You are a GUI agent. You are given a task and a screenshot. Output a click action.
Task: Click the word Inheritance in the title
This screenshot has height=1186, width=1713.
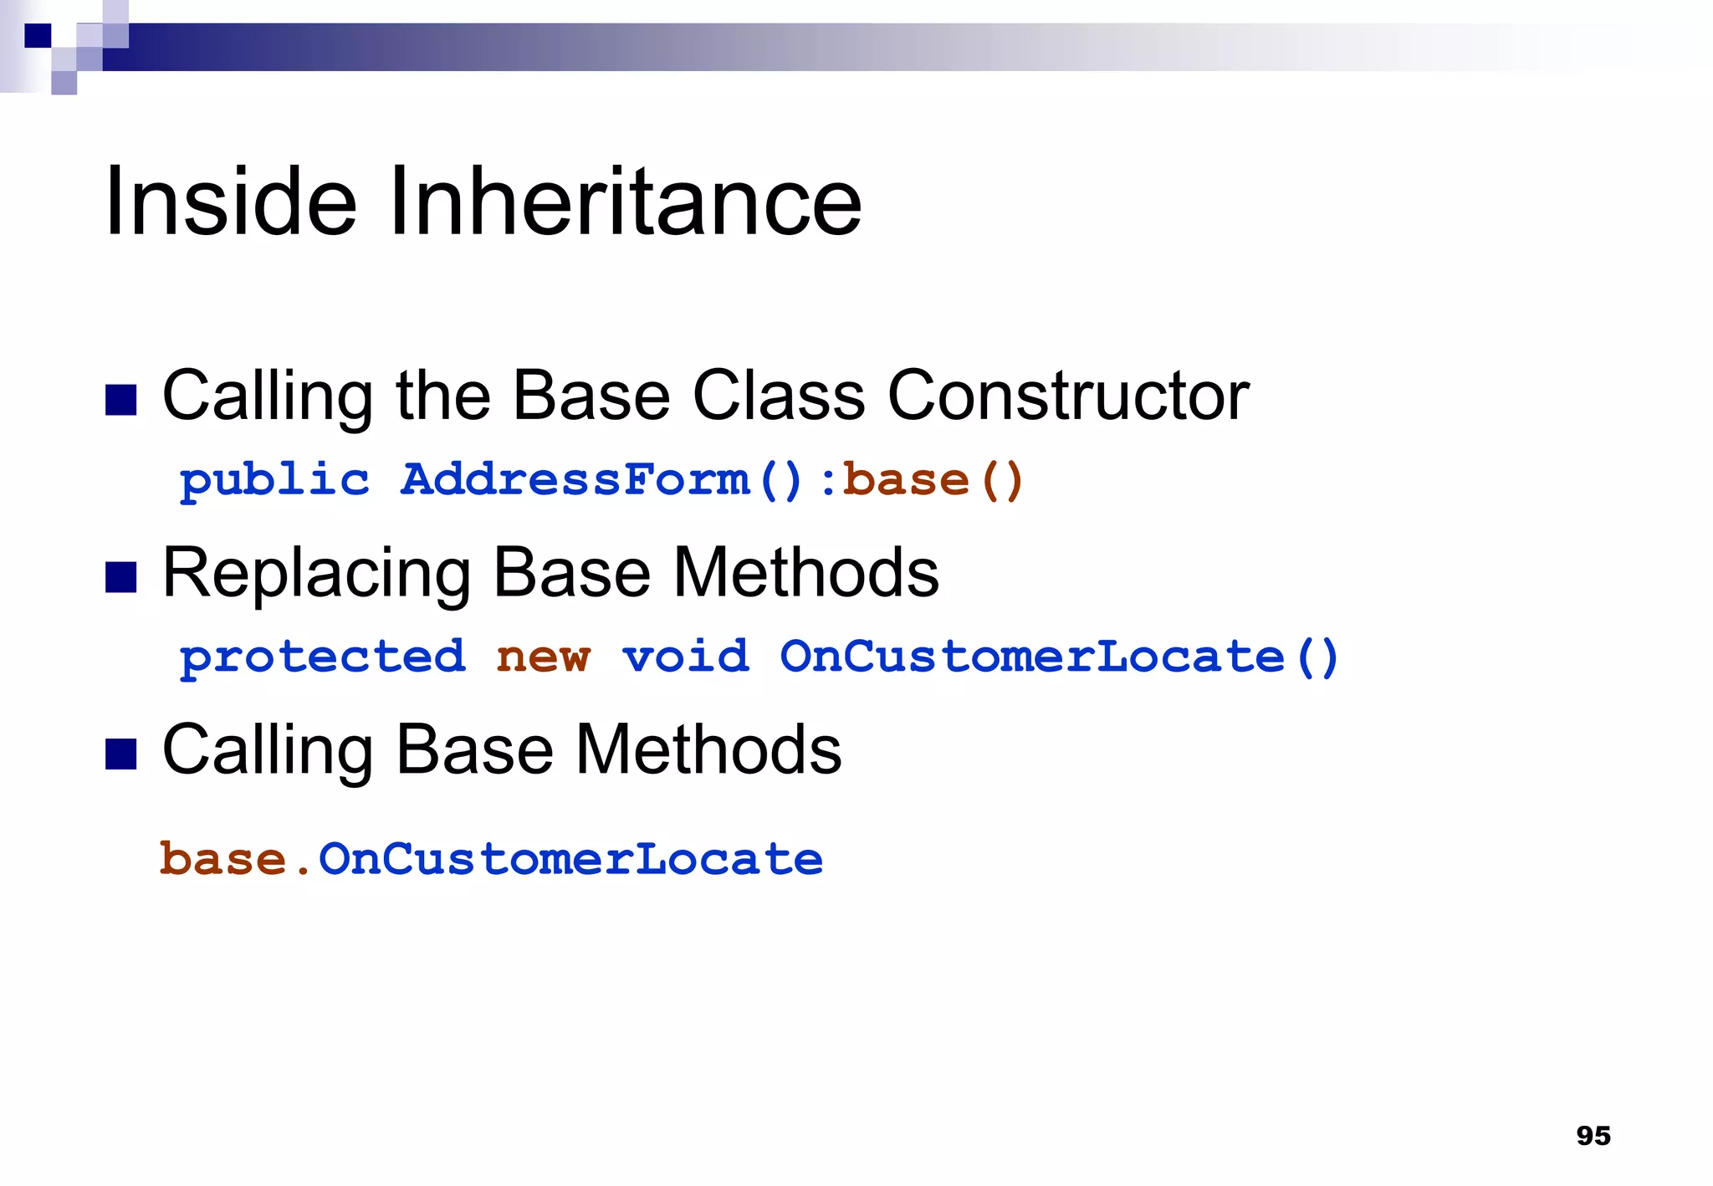(625, 202)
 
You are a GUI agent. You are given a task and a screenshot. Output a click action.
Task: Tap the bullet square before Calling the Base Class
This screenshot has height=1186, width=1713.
(121, 400)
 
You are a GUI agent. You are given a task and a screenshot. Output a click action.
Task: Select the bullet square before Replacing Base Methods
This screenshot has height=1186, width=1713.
(121, 577)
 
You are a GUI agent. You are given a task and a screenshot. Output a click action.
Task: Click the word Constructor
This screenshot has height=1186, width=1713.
(1067, 396)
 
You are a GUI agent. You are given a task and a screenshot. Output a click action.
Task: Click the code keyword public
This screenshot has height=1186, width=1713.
(274, 481)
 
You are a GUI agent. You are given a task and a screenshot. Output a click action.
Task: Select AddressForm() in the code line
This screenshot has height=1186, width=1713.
(601, 481)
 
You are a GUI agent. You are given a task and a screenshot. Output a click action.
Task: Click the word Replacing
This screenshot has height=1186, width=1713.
(316, 574)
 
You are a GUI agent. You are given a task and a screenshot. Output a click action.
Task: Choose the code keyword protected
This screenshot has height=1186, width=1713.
(322, 657)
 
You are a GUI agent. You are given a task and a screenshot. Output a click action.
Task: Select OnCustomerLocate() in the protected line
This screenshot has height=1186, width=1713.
(1059, 657)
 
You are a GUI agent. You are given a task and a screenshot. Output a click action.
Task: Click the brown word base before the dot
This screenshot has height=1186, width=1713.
(223, 860)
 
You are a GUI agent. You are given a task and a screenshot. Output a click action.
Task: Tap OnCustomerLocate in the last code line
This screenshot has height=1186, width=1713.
(570, 860)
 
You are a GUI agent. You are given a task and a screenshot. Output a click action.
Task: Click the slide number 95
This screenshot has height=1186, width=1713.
(1593, 1136)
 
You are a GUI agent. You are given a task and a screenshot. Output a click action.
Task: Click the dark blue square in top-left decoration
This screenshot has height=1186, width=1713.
(38, 36)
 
